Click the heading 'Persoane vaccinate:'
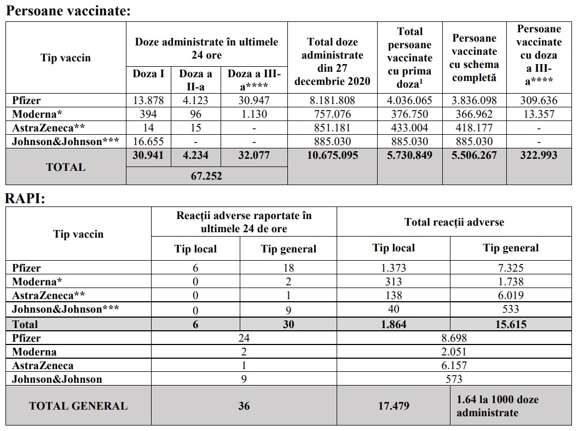tap(68, 11)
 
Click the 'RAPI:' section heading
tap(25, 198)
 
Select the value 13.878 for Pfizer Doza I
tap(148, 100)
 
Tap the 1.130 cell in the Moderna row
tap(255, 114)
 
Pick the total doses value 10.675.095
tap(332, 155)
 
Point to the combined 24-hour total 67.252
tap(206, 176)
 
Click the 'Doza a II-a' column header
tap(196, 80)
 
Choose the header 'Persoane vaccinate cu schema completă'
tap(475, 58)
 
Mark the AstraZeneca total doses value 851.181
tap(332, 128)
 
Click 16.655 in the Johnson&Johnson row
tap(148, 141)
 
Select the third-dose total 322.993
tap(539, 155)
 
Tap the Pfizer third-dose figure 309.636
tap(539, 100)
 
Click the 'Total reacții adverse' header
tap(454, 222)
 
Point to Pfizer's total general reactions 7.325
tap(510, 268)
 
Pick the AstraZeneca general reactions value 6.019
tap(510, 295)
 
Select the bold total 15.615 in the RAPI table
tap(510, 324)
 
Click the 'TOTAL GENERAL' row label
tap(78, 406)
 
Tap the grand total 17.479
tap(394, 406)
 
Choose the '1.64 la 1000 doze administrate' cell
tap(498, 406)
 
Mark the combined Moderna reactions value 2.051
tap(454, 352)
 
